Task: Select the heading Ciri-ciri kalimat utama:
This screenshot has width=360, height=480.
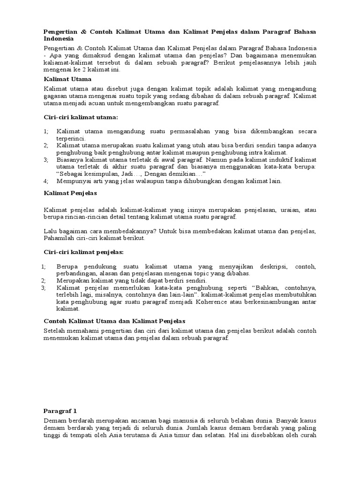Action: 81,116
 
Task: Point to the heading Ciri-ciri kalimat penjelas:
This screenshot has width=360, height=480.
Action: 83,252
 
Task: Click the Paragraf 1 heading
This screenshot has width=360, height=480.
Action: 60,411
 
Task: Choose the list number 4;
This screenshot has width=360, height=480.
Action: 46,180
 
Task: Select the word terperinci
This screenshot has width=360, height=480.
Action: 71,139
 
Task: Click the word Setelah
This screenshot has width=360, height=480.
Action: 55,331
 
